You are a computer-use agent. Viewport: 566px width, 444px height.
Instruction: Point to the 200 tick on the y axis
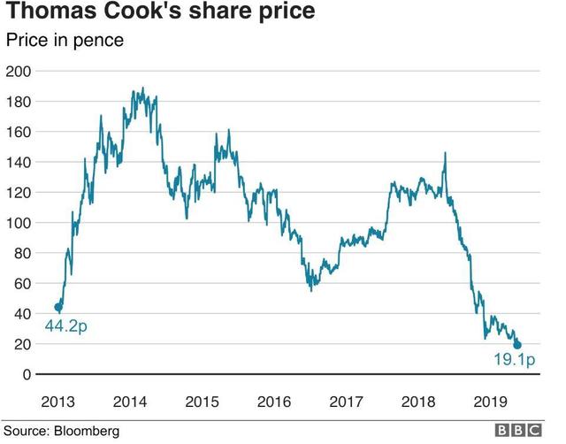coord(19,71)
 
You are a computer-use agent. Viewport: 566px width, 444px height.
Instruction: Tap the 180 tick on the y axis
coord(19,102)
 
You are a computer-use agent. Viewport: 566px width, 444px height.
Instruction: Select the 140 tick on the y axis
coord(19,162)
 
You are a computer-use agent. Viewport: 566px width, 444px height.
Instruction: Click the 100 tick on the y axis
coord(19,223)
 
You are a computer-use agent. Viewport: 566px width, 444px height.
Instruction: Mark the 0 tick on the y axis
coord(26,374)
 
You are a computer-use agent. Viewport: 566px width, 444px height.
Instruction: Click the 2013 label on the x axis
coord(56,402)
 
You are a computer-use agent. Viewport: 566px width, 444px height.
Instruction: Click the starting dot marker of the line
coord(58,307)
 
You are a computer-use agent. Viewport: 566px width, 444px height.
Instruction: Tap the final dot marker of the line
coord(517,345)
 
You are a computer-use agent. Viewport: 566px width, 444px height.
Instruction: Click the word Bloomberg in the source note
coord(87,433)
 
